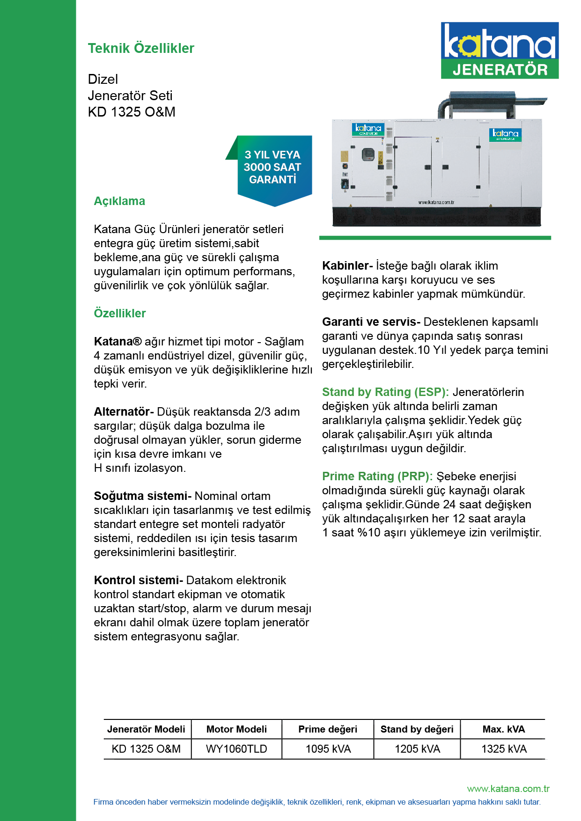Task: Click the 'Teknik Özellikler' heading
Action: click(141, 48)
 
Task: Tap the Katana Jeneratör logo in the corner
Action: click(500, 50)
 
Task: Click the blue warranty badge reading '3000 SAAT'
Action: click(272, 168)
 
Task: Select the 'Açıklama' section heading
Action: click(119, 201)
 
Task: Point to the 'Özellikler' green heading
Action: click(120, 313)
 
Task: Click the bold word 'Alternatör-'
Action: click(124, 412)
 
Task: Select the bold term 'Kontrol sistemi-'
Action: click(138, 580)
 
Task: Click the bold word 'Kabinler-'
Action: click(347, 266)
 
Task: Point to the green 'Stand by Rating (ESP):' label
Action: click(385, 392)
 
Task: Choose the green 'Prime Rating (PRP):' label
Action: click(377, 476)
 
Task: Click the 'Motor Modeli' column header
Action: click(236, 729)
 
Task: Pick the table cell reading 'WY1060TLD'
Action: click(236, 749)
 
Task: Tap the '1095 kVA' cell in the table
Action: click(328, 749)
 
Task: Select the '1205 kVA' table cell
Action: click(417, 749)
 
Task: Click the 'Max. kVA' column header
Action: click(504, 729)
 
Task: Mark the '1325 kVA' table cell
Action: click(504, 749)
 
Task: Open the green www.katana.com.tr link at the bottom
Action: click(508, 789)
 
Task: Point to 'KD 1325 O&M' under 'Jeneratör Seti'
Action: click(132, 112)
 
